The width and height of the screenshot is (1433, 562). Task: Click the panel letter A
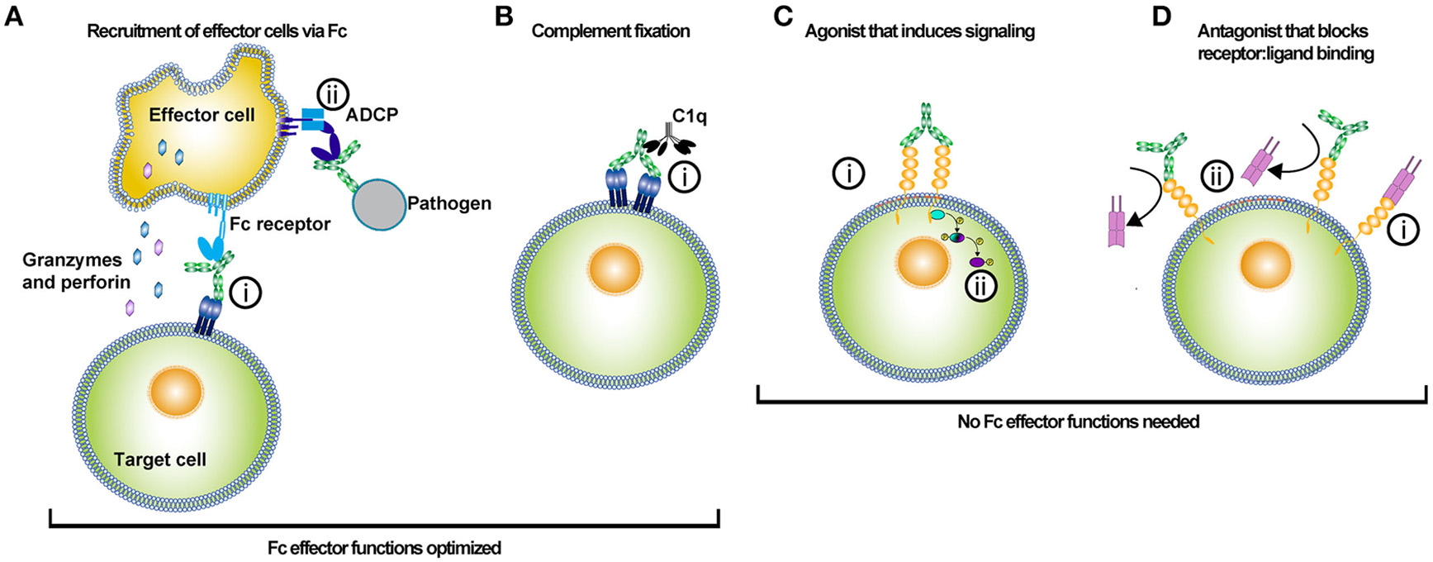(13, 17)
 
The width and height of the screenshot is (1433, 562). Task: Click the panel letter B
(504, 17)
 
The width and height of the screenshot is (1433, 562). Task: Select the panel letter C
(783, 17)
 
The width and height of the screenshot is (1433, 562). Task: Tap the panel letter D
(1161, 17)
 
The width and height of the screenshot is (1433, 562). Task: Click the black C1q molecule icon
(662, 145)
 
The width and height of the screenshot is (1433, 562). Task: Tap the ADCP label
(372, 114)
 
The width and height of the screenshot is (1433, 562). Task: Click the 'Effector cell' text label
(202, 115)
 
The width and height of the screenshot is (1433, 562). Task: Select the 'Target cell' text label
(159, 460)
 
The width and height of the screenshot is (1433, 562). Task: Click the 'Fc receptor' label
(280, 224)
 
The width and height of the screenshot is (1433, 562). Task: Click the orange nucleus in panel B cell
(614, 269)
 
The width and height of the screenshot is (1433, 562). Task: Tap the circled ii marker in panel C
(980, 286)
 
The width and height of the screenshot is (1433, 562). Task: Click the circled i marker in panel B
(684, 177)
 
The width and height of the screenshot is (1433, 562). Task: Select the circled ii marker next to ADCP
(334, 94)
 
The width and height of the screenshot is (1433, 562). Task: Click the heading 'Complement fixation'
(610, 31)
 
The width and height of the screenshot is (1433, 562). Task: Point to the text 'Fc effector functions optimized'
(384, 548)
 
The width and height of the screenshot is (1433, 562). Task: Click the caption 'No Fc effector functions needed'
(1078, 421)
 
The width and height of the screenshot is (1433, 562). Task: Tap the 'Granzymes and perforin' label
(76, 271)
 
